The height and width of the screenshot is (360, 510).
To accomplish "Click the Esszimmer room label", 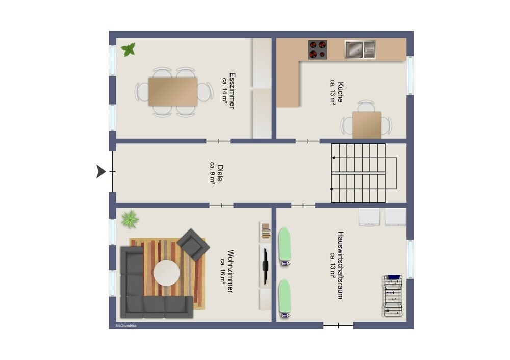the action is point(232,90).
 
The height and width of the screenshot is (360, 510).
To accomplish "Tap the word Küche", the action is point(340,92).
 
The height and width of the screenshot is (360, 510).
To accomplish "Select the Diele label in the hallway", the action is point(220,173).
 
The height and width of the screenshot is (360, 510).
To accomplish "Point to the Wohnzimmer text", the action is point(231,271).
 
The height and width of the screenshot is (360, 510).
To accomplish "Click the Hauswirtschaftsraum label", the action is point(340,265).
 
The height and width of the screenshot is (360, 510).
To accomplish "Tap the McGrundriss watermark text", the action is point(126,325).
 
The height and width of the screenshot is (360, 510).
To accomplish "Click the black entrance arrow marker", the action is point(101,171).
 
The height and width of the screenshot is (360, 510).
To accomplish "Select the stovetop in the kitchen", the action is point(317,49).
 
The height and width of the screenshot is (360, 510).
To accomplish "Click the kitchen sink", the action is point(360,49).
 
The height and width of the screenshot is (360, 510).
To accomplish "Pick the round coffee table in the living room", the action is point(167,273).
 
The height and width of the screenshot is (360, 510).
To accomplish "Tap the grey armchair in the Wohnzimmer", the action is point(193,245).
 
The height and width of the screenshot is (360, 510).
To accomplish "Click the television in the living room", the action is point(265,265).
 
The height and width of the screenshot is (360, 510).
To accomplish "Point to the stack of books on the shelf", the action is point(266,230).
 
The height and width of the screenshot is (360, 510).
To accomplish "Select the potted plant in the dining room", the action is point(128,50).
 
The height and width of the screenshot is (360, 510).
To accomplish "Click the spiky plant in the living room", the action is point(130,219).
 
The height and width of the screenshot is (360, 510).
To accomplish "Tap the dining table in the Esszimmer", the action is point(173,92).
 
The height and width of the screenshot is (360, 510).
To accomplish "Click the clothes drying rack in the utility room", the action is point(393,296).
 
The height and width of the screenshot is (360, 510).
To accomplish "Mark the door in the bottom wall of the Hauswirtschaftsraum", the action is point(338,325).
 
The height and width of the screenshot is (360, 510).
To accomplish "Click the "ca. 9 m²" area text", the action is point(212,173).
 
